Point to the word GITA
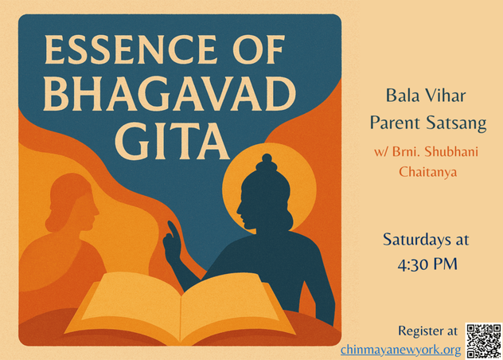tap(172, 142)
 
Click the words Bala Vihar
tap(426, 96)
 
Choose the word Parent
tap(395, 123)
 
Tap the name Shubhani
tap(451, 151)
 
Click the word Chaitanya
tap(427, 171)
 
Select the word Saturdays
tap(412, 240)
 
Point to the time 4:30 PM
tap(427, 264)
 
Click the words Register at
tap(427, 331)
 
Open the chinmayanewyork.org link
tap(400, 350)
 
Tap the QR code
tap(483, 341)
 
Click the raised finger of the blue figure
tap(173, 229)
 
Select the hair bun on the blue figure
tap(267, 165)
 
